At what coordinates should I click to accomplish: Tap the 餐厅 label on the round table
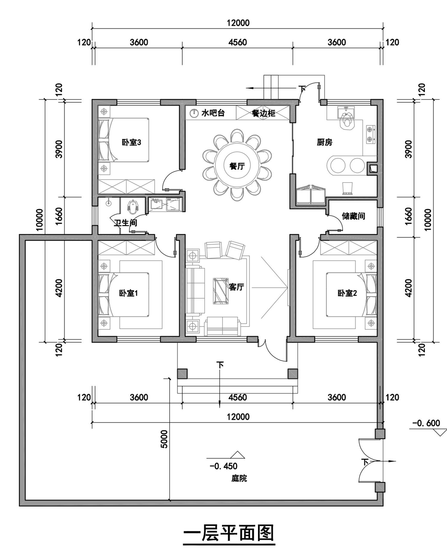pos(237,166)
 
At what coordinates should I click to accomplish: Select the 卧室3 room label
pos(131,142)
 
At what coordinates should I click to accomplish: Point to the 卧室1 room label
pos(128,293)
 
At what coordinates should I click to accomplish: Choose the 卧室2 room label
pos(347,293)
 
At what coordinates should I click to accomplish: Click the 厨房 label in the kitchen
pos(325,142)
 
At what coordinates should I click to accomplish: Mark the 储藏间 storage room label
pos(353,216)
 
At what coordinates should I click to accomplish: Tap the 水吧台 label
pos(213,113)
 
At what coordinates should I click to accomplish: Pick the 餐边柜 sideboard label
pos(263,113)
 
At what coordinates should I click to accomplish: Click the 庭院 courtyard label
pos(239,478)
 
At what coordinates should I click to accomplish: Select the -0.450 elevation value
pos(223,466)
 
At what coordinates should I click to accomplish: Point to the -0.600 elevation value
pos(426,423)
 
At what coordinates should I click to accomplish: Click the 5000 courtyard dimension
pos(164,439)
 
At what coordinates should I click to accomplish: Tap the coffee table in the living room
pos(221,291)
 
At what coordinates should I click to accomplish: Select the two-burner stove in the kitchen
pos(370,134)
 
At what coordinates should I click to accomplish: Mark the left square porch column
pos(182,374)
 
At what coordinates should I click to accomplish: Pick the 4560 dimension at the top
pos(238,42)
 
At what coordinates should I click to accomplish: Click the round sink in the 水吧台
pos(194,113)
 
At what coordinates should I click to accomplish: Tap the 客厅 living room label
pos(236,287)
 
